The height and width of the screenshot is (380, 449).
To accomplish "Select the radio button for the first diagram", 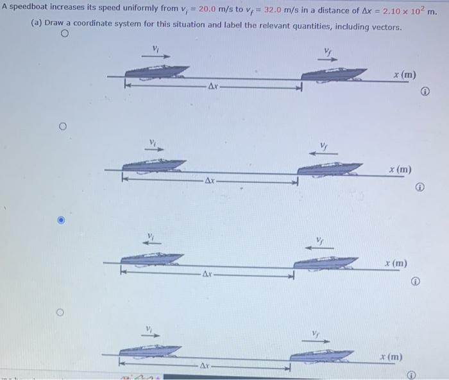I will pyautogui.click(x=64, y=37).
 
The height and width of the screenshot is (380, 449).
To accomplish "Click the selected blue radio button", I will pyautogui.click(x=61, y=220).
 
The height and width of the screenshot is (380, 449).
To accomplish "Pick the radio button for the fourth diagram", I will pyautogui.click(x=61, y=313).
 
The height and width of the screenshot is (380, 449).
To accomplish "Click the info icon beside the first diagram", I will pyautogui.click(x=425, y=93).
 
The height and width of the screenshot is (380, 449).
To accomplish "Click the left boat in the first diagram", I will pyautogui.click(x=156, y=72).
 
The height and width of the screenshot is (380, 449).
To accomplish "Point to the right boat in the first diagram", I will pyautogui.click(x=334, y=73).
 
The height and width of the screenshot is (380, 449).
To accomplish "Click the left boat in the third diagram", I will pyautogui.click(x=151, y=259).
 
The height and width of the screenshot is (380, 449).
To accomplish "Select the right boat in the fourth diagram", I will pyautogui.click(x=321, y=355).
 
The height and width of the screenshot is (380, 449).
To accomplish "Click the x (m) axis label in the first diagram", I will pyautogui.click(x=405, y=75).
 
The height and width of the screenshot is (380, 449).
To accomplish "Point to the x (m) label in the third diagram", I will pyautogui.click(x=396, y=263).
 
